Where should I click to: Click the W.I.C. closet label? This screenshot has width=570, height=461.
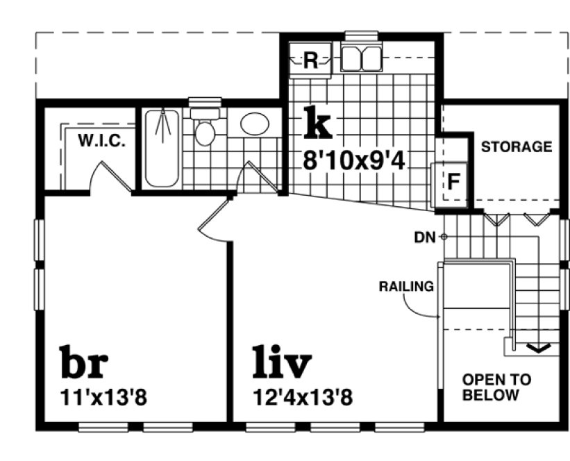pyautogui.click(x=101, y=141)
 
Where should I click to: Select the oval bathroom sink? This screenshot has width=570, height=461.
pyautogui.click(x=255, y=124)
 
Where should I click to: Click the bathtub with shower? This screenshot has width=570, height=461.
pyautogui.click(x=162, y=148)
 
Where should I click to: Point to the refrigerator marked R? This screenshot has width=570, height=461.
pyautogui.click(x=310, y=61)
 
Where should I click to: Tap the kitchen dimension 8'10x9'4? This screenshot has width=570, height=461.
pyautogui.click(x=354, y=160)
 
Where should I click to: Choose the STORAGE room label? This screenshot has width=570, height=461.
pyautogui.click(x=517, y=147)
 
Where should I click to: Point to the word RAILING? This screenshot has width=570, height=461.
pyautogui.click(x=406, y=285)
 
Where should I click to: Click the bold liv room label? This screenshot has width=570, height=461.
pyautogui.click(x=281, y=363)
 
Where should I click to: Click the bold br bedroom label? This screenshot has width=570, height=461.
pyautogui.click(x=86, y=363)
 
